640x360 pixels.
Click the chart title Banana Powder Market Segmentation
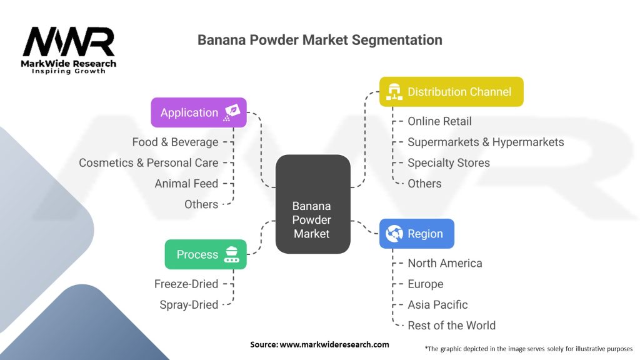(x=319, y=40)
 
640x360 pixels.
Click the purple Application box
(x=198, y=112)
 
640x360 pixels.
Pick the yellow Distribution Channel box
(x=451, y=92)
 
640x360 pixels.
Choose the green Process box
(x=205, y=254)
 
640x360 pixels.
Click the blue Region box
(x=416, y=234)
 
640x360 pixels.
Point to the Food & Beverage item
(x=175, y=142)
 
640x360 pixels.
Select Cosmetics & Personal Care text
(x=149, y=162)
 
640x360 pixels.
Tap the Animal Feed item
(x=186, y=183)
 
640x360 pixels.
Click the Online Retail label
(x=439, y=121)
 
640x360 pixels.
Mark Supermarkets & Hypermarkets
(x=486, y=142)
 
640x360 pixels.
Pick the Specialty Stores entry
(x=449, y=162)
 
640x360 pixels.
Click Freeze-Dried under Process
(x=186, y=284)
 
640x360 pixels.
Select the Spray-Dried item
(x=188, y=304)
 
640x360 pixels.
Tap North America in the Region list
(x=444, y=263)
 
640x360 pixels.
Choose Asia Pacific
(x=437, y=304)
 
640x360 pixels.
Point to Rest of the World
(x=451, y=325)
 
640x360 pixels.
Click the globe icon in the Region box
(x=394, y=234)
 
